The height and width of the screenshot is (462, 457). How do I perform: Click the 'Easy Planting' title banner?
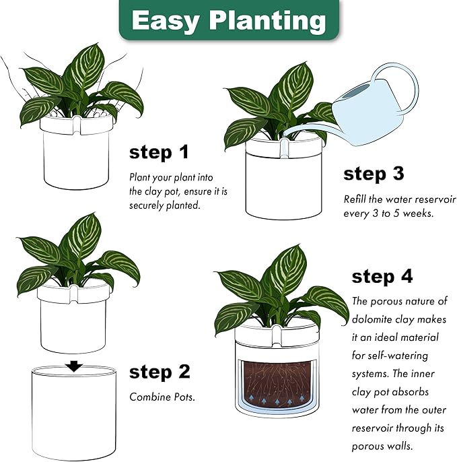pos(229,20)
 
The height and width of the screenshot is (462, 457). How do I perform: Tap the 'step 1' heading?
pos(159,152)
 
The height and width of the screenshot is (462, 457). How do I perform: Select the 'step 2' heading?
pos(160,372)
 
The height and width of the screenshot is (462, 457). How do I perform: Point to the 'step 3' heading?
pos(374,174)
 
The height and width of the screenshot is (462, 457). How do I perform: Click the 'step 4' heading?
pos(382,276)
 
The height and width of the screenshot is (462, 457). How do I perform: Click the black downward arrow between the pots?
pos(73,366)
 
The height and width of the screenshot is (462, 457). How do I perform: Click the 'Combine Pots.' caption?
pos(162,397)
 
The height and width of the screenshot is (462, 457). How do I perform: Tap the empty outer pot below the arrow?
pos(73,412)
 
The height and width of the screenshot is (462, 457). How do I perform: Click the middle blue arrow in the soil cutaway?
pos(277,401)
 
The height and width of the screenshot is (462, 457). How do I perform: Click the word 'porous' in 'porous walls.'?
pos(365,446)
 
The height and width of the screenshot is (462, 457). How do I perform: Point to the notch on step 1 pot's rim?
pos(76,124)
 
